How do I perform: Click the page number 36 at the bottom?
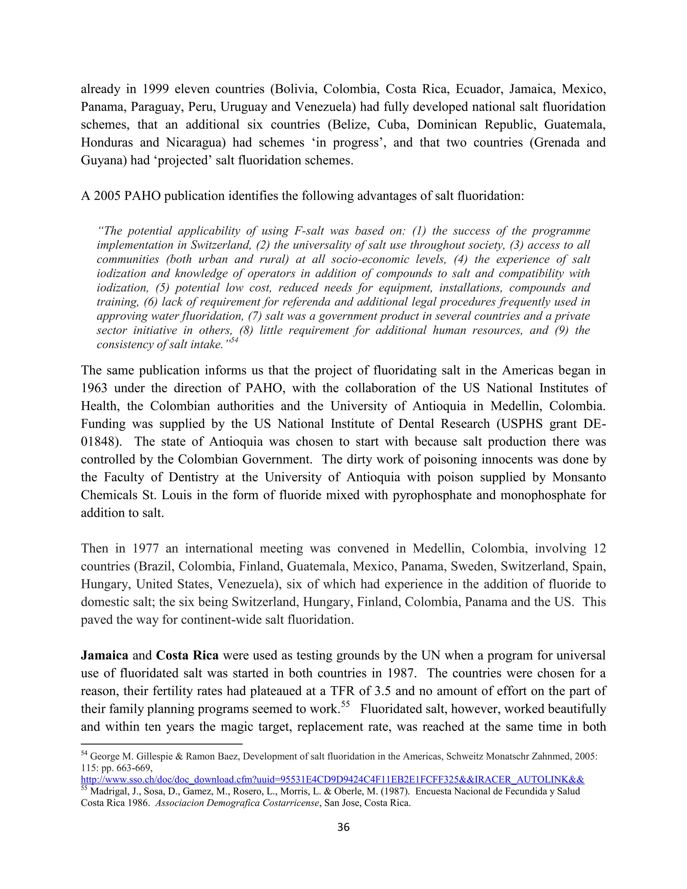tap(343, 827)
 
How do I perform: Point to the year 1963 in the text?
tap(94, 388)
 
